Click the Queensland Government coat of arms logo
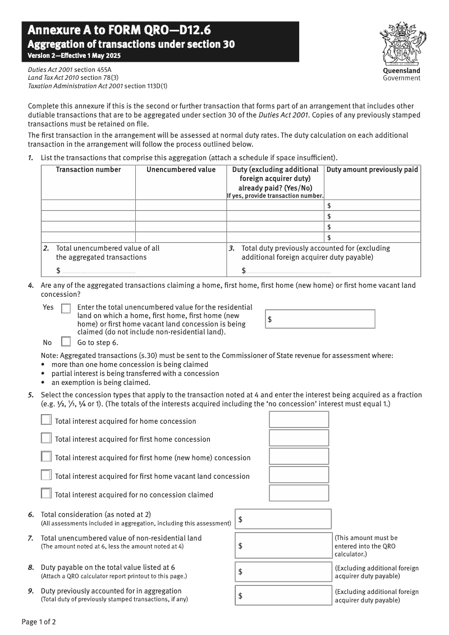(x=401, y=44)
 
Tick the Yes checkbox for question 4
(x=66, y=309)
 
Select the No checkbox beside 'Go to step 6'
(x=66, y=342)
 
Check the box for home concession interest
(x=46, y=420)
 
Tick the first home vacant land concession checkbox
(x=46, y=475)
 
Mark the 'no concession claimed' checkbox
(x=46, y=494)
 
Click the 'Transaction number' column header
(x=88, y=170)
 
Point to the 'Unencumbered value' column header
(x=181, y=170)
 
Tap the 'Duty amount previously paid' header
(x=372, y=170)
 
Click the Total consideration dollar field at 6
(x=283, y=519)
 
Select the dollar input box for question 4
(x=320, y=319)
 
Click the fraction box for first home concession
(x=299, y=438)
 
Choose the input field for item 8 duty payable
(x=283, y=571)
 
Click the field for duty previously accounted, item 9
(x=283, y=595)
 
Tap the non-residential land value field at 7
(x=283, y=545)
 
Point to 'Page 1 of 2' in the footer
(x=39, y=622)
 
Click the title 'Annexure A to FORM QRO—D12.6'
(x=119, y=30)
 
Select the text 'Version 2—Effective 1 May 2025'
(x=74, y=56)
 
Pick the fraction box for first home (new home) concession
(x=299, y=456)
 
